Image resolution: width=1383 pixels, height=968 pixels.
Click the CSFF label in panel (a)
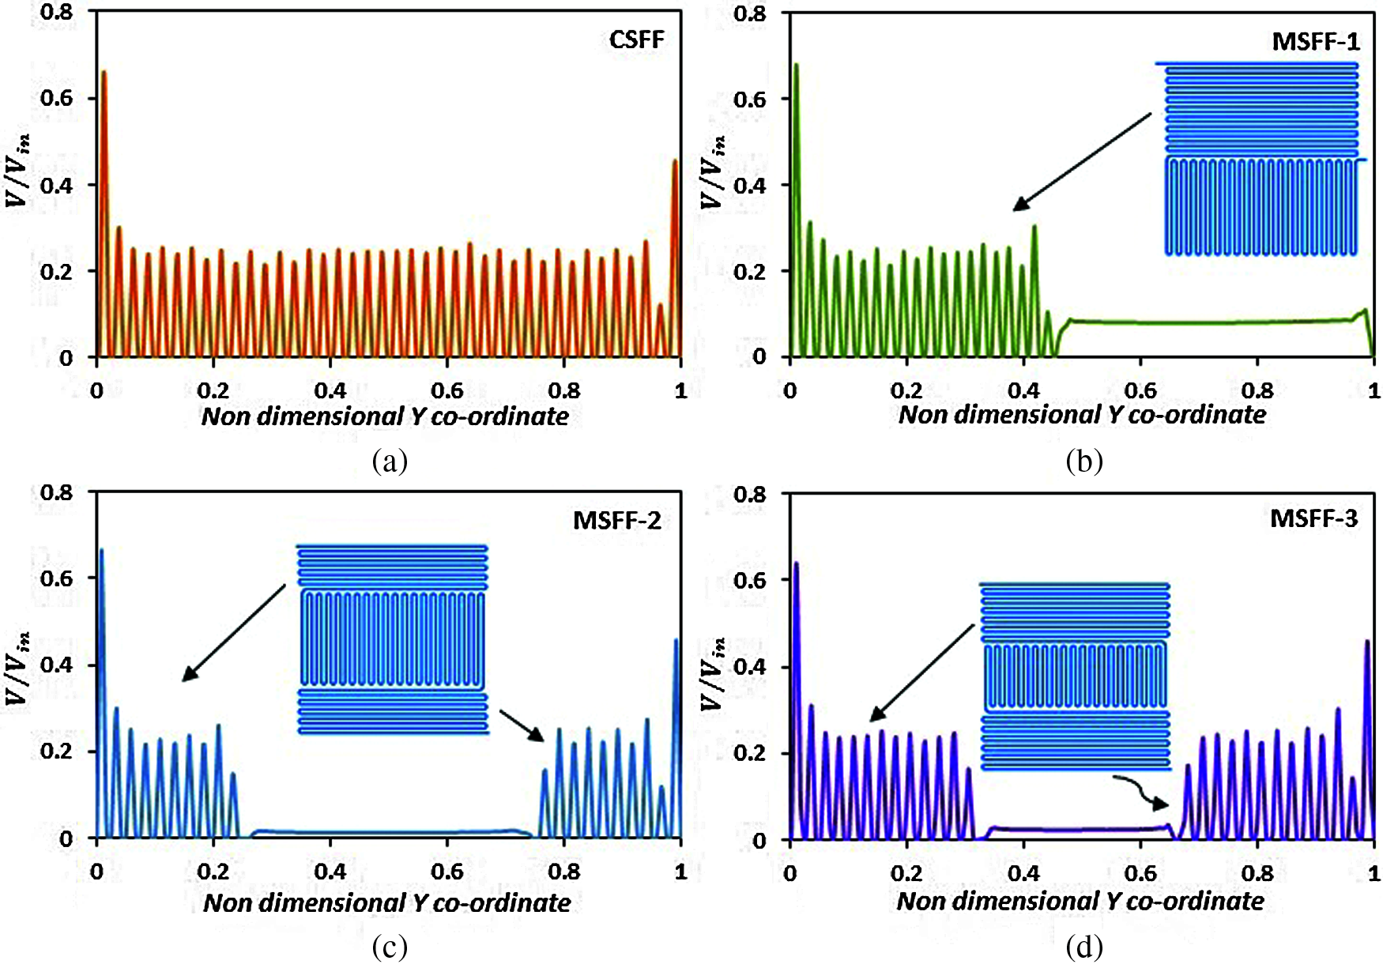(x=636, y=40)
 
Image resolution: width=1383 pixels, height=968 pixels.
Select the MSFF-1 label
(x=1315, y=41)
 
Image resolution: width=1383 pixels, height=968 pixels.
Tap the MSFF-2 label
(x=616, y=521)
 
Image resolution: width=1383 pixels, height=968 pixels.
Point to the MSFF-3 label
(x=1313, y=518)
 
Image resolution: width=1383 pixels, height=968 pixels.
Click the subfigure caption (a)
(x=390, y=461)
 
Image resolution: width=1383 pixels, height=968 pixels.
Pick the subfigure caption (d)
(x=1083, y=946)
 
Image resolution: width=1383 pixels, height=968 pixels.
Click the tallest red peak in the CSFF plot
(x=103, y=73)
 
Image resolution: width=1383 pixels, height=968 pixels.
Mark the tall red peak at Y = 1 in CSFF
(x=675, y=162)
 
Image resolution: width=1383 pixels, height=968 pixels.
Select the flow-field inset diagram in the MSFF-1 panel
(x=1261, y=158)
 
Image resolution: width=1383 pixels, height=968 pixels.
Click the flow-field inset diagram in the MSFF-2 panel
(x=392, y=638)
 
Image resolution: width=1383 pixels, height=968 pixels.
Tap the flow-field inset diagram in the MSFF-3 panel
(x=1075, y=676)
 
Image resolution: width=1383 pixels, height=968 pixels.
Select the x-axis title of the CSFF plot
(x=385, y=416)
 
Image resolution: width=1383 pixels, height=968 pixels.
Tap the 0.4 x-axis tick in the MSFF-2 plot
(x=330, y=872)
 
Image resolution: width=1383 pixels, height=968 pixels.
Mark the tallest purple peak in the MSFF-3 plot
(x=796, y=564)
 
